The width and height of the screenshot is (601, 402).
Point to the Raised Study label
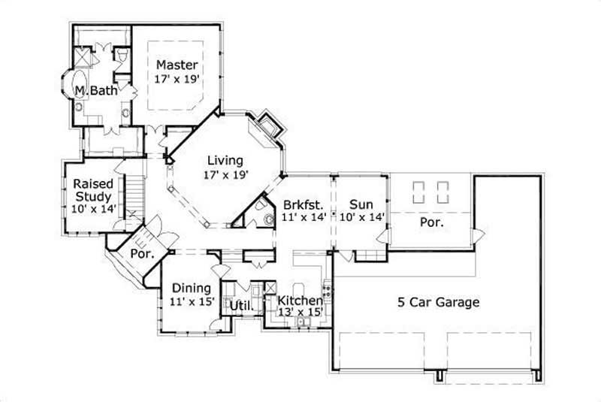click(93, 189)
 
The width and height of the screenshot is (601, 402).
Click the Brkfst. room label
click(304, 204)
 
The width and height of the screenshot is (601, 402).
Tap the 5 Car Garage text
click(439, 303)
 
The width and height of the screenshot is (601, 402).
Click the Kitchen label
click(300, 301)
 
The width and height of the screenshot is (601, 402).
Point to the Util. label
click(240, 306)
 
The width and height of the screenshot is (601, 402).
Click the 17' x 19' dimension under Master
click(177, 78)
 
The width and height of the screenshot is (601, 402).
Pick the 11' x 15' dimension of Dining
click(191, 302)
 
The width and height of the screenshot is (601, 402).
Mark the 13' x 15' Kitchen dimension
click(300, 312)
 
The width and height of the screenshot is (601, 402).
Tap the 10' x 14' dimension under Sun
click(361, 217)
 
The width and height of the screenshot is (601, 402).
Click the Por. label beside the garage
click(431, 222)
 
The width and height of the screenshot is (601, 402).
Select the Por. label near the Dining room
click(142, 254)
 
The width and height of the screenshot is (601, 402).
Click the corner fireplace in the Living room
click(266, 126)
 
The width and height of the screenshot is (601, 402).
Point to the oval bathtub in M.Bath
click(77, 91)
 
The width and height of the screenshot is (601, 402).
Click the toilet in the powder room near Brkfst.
click(268, 219)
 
